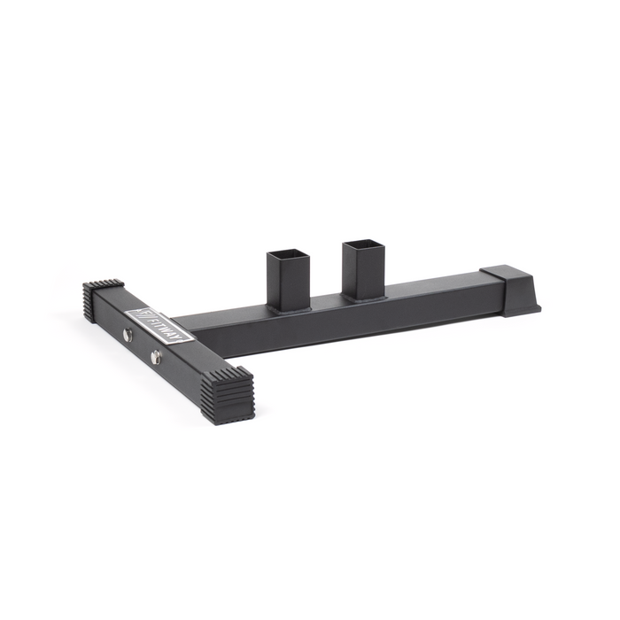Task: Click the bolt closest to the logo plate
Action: pyautogui.click(x=128, y=334)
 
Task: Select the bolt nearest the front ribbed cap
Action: pyautogui.click(x=156, y=356)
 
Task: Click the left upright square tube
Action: pyautogui.click(x=289, y=279)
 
